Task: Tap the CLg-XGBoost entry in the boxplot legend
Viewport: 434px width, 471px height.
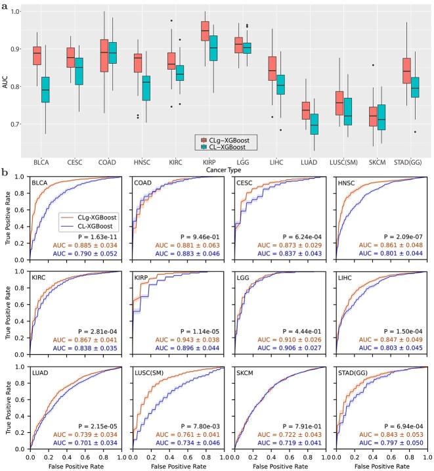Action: pos(233,140)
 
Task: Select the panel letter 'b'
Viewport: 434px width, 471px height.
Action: pos(5,173)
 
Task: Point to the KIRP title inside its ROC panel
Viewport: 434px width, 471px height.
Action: pos(145,279)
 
